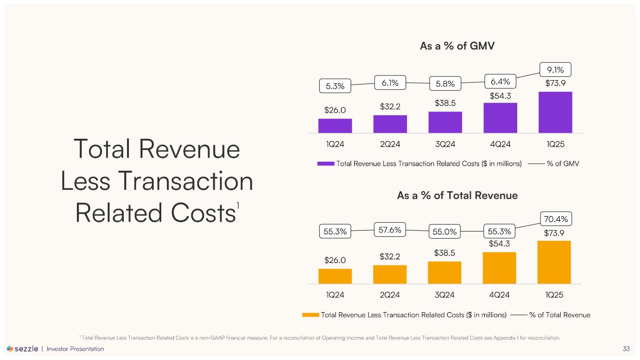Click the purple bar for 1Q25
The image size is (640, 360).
[x=555, y=112]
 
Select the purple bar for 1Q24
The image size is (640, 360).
[x=335, y=126]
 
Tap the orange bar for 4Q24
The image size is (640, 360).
[x=499, y=268]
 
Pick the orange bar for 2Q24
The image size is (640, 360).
[x=390, y=274]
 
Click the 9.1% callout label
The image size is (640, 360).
[x=555, y=70]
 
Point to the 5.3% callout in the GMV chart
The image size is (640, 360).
[x=335, y=86]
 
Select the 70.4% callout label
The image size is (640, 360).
[x=555, y=218]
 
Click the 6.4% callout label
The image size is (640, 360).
[x=500, y=82]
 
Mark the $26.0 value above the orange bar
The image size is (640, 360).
[x=335, y=259]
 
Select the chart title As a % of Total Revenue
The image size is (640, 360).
[x=457, y=195]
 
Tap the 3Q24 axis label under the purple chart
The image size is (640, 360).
[x=445, y=144]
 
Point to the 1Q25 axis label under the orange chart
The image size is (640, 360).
[x=554, y=295]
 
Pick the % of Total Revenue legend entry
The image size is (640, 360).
[x=559, y=315]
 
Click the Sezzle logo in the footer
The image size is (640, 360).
[x=23, y=349]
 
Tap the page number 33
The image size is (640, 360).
[x=626, y=349]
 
